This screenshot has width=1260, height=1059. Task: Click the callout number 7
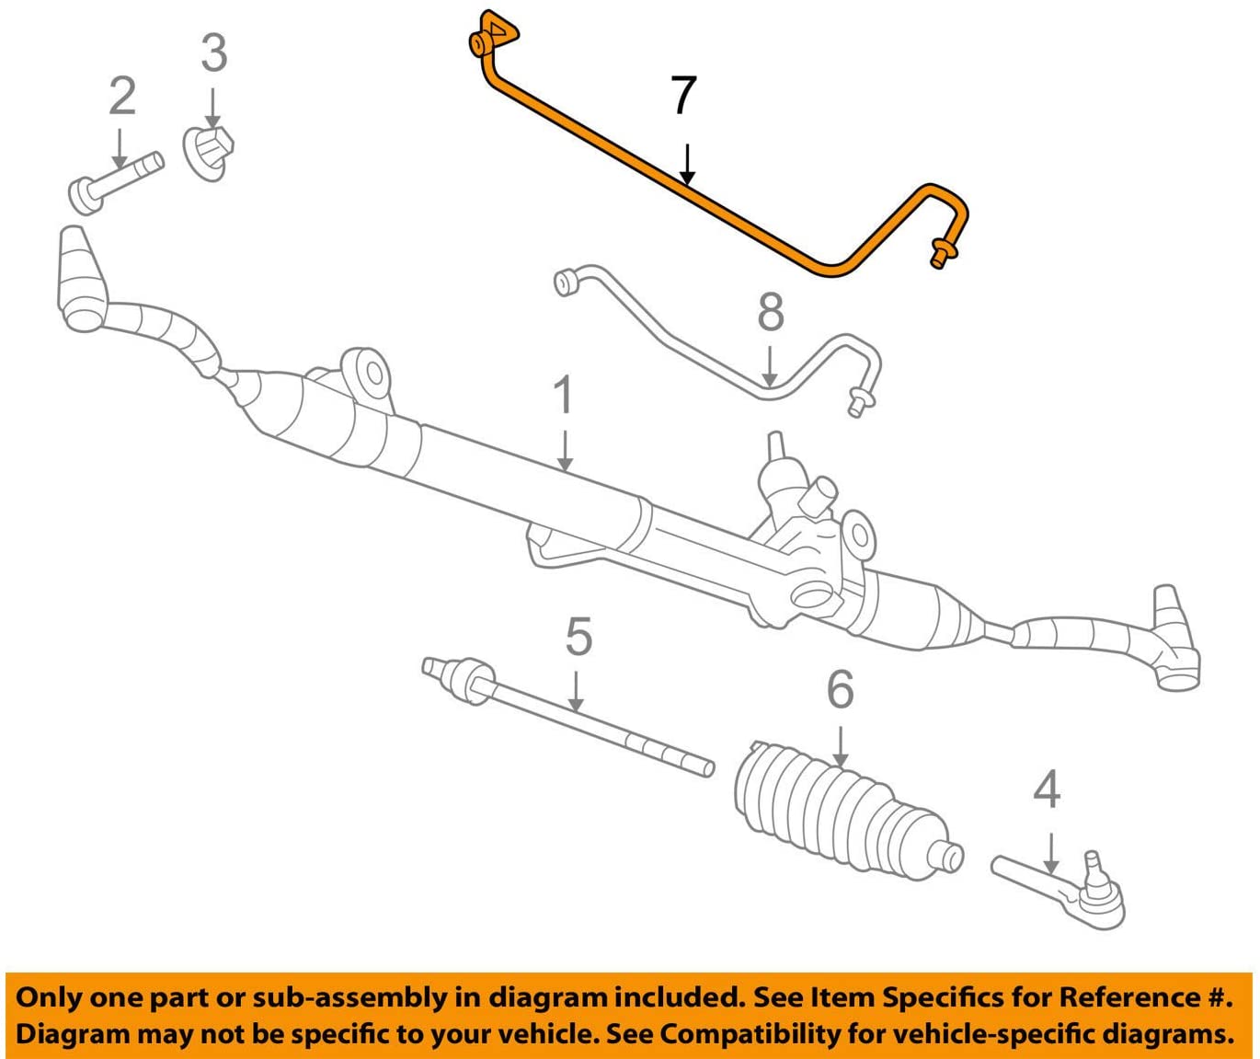pyautogui.click(x=683, y=97)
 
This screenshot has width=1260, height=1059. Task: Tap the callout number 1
pyautogui.click(x=563, y=396)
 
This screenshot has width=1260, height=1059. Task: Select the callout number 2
pyautogui.click(x=122, y=96)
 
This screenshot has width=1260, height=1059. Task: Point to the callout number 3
pyautogui.click(x=213, y=53)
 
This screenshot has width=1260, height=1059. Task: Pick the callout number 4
pyautogui.click(x=1047, y=790)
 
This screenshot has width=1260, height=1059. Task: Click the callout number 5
pyautogui.click(x=578, y=638)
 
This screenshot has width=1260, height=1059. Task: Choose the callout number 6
pyautogui.click(x=840, y=690)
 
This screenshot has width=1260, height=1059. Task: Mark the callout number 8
pyautogui.click(x=771, y=313)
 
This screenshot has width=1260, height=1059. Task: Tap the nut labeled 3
pyautogui.click(x=210, y=152)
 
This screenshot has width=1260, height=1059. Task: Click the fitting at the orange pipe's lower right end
pyautogui.click(x=940, y=253)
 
